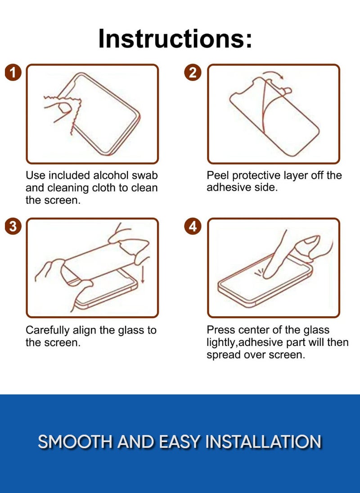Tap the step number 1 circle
(x=13, y=73)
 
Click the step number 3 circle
(x=13, y=226)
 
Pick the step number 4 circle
(x=193, y=226)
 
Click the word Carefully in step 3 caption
(x=48, y=330)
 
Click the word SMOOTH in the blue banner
(x=75, y=442)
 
